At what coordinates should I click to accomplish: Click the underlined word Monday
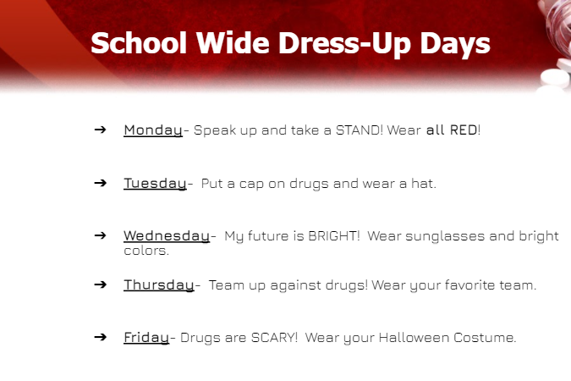pos(153,130)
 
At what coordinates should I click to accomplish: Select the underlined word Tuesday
pos(155,184)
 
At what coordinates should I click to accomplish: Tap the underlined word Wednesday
pos(167,236)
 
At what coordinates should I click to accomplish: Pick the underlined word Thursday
pos(159,285)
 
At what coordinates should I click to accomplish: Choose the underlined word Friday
pos(146,338)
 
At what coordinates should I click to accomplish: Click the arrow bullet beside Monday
pos(100,130)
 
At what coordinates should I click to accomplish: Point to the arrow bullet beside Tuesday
pos(100,183)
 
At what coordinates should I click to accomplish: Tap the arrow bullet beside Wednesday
pos(100,235)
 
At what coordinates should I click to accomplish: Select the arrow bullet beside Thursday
pos(100,284)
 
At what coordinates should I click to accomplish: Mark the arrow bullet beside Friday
pos(100,337)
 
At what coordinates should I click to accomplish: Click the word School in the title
pos(139,43)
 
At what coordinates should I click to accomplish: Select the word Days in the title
pos(455,45)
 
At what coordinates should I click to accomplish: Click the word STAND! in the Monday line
pos(359,130)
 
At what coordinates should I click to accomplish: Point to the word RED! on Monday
pos(465,130)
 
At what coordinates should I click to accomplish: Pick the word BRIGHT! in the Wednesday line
pos(334,236)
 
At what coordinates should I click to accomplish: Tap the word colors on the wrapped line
pos(145,251)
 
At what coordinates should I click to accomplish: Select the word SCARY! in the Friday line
pos(275,337)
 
